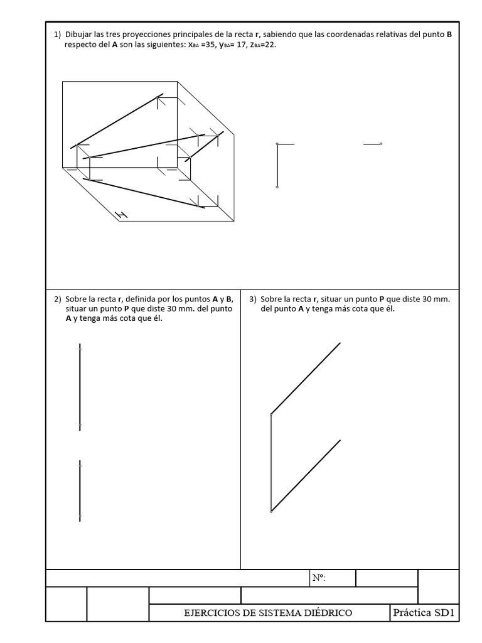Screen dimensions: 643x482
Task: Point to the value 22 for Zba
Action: [x=269, y=46]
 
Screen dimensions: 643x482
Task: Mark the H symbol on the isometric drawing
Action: [x=121, y=215]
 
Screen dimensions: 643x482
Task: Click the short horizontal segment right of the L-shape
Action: [x=372, y=144]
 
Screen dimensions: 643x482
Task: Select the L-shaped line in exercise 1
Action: [x=277, y=165]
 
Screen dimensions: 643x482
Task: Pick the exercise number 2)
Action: [x=57, y=299]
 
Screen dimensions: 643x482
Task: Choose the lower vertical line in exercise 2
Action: [x=80, y=490]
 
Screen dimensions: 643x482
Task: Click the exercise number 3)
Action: [x=253, y=299]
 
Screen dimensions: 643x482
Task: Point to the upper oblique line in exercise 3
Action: [x=306, y=378]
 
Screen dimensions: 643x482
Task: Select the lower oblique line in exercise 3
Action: [x=306, y=475]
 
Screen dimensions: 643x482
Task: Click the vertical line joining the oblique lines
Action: [x=271, y=463]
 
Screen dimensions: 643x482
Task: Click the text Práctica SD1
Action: [x=424, y=612]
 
